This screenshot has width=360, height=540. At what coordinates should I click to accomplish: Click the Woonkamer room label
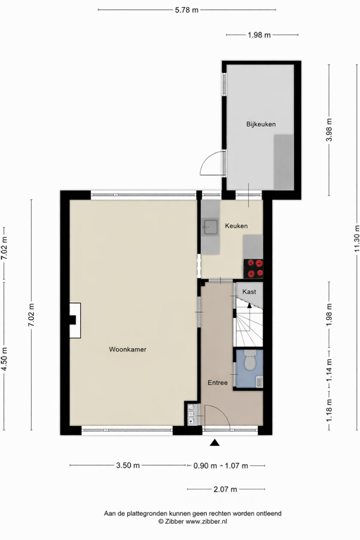coord(127,349)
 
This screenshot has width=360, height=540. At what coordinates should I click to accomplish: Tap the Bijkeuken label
coord(260,124)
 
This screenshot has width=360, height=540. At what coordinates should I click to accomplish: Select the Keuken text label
coord(236,226)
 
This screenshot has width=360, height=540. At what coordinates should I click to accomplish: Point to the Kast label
coord(248,291)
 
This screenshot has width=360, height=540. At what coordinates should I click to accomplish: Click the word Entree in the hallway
coord(217,382)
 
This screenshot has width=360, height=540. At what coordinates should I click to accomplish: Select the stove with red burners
coord(255,268)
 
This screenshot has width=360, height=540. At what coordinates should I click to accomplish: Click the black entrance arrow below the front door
coord(214,442)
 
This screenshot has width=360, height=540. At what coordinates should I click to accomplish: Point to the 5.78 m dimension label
coord(186,10)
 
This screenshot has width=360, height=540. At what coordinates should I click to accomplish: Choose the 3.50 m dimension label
coord(127,465)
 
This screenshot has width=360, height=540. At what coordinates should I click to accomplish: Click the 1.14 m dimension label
coord(328,366)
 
